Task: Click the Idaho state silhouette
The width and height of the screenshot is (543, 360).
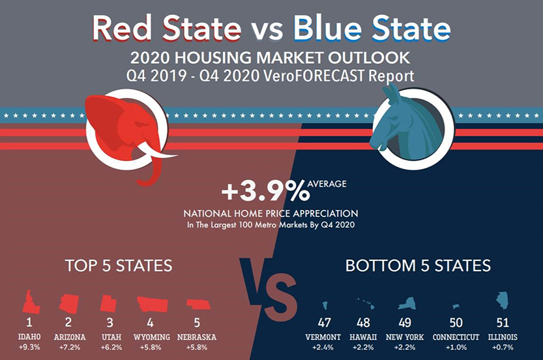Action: point(29,302)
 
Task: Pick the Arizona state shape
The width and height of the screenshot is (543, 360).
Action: point(68,303)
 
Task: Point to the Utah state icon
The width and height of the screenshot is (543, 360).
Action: point(108,304)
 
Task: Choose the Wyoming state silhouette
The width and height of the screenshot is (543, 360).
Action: point(152,305)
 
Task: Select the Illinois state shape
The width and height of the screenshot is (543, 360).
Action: point(503,300)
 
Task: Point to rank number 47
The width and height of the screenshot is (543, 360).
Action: point(324,323)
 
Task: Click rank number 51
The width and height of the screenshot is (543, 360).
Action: point(503,323)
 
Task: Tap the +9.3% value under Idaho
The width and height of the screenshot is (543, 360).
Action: point(29,347)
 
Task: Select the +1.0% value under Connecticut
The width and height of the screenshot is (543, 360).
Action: point(456,347)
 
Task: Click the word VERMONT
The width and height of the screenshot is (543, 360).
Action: point(323,337)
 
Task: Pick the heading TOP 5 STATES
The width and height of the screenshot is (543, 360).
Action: point(119,265)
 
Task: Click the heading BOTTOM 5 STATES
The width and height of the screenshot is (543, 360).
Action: point(418,265)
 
